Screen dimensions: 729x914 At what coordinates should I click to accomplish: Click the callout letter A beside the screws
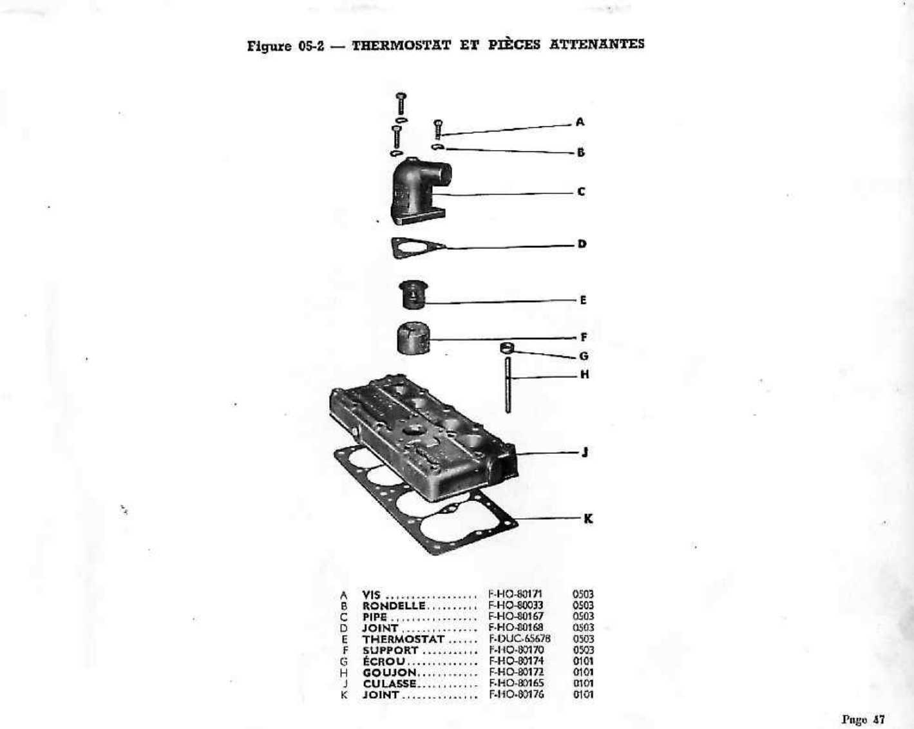click(580, 122)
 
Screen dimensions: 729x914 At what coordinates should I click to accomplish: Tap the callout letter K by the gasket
click(587, 518)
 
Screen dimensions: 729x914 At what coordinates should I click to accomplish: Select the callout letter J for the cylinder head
click(584, 452)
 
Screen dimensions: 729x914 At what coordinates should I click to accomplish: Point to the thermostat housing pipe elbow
click(419, 190)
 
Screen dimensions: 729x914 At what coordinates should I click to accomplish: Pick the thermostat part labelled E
click(413, 295)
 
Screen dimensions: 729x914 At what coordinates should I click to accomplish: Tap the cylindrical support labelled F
click(413, 338)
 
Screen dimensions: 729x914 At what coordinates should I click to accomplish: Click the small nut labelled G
click(508, 348)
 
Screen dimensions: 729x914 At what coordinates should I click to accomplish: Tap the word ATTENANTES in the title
click(596, 44)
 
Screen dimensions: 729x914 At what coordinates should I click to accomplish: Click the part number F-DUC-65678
click(520, 639)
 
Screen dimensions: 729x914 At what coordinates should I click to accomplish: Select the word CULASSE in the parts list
click(390, 683)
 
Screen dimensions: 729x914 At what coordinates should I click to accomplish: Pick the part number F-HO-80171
click(515, 594)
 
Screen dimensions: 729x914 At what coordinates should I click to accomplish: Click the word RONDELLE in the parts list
click(394, 605)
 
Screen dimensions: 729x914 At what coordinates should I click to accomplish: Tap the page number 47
click(878, 719)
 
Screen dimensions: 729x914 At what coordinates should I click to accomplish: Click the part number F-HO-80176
click(517, 694)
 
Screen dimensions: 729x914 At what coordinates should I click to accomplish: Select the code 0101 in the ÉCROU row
click(583, 661)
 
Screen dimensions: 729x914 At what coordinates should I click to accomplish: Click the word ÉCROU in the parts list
click(384, 661)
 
